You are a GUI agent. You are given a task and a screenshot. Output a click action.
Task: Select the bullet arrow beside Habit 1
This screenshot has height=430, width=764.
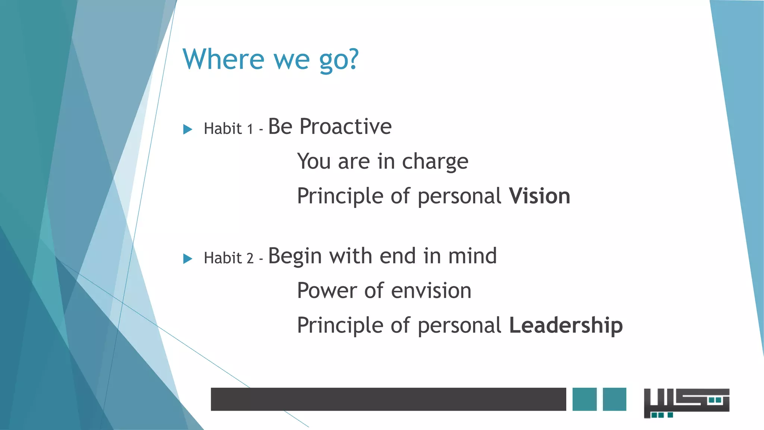(x=188, y=130)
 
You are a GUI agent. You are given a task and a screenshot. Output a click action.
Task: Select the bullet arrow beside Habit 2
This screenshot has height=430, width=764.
(x=188, y=259)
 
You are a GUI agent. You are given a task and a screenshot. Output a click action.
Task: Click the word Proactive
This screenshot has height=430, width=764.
(x=345, y=127)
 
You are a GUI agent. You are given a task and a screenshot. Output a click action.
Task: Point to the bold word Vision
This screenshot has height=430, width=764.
(x=539, y=196)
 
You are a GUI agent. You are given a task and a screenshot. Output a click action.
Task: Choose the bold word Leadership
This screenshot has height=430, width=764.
(x=566, y=325)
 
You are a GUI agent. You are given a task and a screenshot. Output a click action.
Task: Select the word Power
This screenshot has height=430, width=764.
(x=327, y=291)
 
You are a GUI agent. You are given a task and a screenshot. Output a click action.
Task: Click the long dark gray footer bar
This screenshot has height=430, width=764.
(x=388, y=399)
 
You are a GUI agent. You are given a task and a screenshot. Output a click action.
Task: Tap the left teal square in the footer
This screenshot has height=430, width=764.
(x=584, y=399)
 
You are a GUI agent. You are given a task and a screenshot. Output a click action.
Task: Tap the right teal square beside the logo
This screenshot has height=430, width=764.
(x=614, y=399)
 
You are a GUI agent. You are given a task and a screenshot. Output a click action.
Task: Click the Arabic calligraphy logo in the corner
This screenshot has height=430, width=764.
(x=686, y=402)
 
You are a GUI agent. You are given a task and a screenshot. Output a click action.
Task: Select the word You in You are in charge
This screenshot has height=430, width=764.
(x=314, y=162)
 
